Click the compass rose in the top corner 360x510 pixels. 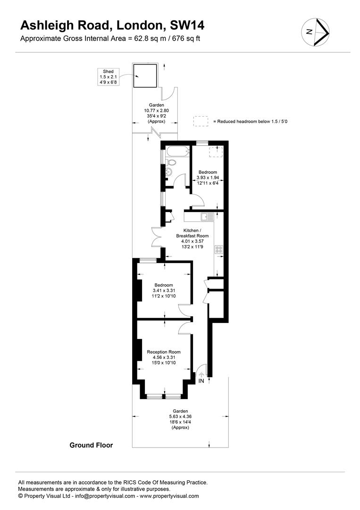tap(315, 32)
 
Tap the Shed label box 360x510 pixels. tap(108, 77)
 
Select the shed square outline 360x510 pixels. tap(145, 76)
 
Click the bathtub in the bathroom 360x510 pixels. tap(177, 151)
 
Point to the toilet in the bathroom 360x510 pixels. tap(170, 162)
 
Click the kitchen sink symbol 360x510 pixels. tap(207, 216)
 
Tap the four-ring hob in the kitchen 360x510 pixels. tap(218, 249)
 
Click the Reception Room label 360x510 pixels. tap(164, 357)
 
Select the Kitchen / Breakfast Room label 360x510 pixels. tap(193, 238)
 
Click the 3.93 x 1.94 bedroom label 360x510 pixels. tap(208, 178)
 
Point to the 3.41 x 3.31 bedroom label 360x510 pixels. tap(164, 290)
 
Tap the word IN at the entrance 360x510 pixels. tap(201, 381)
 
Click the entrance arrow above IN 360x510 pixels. tap(201, 374)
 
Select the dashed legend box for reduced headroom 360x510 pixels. tap(201, 121)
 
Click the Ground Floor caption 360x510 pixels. tap(92, 445)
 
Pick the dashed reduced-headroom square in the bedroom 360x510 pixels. tap(214, 152)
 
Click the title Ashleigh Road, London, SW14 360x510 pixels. tap(112, 25)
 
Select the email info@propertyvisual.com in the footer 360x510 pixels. tap(105, 496)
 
